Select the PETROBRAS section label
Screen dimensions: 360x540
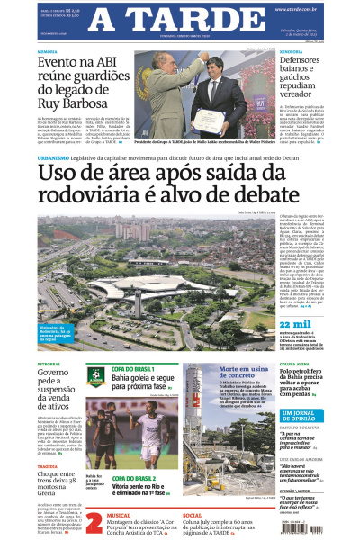49,364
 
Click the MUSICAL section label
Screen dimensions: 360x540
121,514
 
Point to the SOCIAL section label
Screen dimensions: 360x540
192,514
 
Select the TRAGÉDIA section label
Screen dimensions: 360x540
49,466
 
